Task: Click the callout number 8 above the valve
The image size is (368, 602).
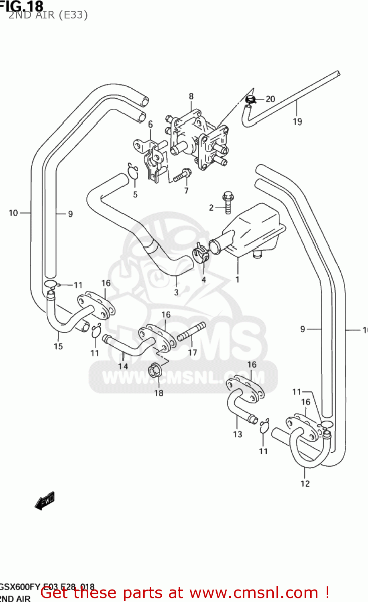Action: tap(191, 96)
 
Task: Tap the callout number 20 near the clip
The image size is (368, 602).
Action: tap(270, 99)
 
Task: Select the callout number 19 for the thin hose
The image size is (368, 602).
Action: tap(297, 122)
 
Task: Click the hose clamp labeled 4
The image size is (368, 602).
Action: tap(200, 254)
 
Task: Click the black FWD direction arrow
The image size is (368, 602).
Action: tap(45, 500)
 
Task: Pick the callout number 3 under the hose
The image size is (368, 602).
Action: tap(176, 292)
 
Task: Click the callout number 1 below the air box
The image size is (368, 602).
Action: tap(237, 279)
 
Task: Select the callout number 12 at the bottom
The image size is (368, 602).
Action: tap(305, 484)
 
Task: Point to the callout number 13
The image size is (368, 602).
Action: tap(238, 434)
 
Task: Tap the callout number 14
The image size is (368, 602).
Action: tap(123, 366)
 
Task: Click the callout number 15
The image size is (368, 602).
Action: tap(58, 346)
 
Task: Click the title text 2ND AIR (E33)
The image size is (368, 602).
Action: tap(48, 15)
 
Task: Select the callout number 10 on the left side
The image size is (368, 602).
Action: tap(13, 213)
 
